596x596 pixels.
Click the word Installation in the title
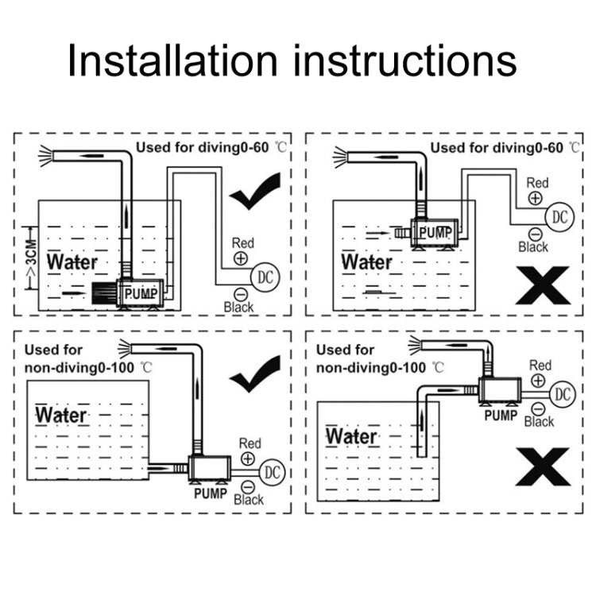[172, 60]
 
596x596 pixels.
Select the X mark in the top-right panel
[543, 285]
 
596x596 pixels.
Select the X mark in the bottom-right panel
[543, 466]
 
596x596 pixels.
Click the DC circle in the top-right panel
[559, 215]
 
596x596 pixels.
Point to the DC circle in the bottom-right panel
[562, 393]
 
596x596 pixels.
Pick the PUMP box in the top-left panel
[141, 293]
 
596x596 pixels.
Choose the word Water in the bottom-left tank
[62, 415]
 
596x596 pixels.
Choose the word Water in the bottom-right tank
[351, 436]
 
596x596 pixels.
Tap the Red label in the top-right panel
[537, 183]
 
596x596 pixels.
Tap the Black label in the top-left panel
[238, 307]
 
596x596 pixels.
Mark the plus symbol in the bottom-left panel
[248, 459]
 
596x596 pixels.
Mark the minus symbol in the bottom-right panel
[539, 408]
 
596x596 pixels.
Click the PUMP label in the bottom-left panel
[211, 493]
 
